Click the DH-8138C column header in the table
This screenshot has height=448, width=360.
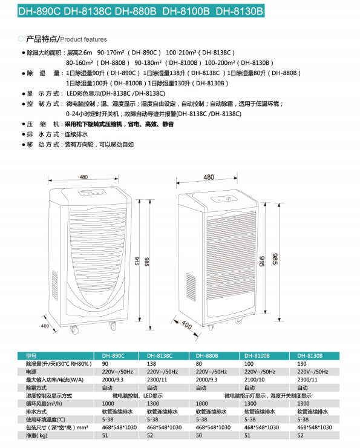click(x=160, y=356)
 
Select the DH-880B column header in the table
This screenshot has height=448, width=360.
click(x=207, y=356)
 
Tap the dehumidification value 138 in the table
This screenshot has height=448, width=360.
click(x=151, y=364)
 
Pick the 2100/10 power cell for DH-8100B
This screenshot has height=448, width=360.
click(x=254, y=380)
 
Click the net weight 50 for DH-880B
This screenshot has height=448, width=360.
click(x=198, y=435)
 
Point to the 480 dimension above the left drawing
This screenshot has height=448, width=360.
click(x=83, y=177)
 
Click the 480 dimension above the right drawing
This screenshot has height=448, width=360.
click(x=209, y=177)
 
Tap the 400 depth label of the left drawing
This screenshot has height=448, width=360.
click(x=45, y=326)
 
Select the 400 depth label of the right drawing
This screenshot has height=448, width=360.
click(x=187, y=324)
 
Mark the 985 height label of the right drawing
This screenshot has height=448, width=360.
click(x=275, y=259)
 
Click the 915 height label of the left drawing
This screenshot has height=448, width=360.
click(x=137, y=261)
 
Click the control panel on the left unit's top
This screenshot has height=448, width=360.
click(x=92, y=193)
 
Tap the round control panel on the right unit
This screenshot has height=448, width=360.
click(x=223, y=199)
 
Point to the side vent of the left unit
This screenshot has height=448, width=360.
click(x=54, y=285)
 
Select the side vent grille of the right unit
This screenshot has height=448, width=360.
click(x=191, y=287)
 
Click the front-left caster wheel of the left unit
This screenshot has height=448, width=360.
click(x=74, y=330)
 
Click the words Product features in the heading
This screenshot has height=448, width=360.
click(x=83, y=39)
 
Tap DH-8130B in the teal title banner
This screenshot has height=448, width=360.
click(x=239, y=11)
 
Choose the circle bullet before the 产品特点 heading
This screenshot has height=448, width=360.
click(x=21, y=39)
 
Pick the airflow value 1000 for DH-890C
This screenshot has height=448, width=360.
click(x=108, y=403)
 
